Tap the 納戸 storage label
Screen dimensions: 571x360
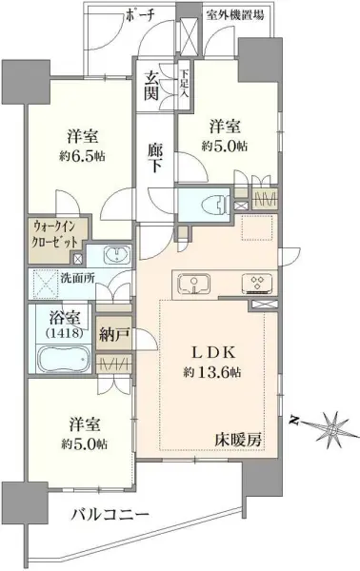(113, 335)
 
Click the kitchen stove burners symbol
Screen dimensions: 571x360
(255, 281)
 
